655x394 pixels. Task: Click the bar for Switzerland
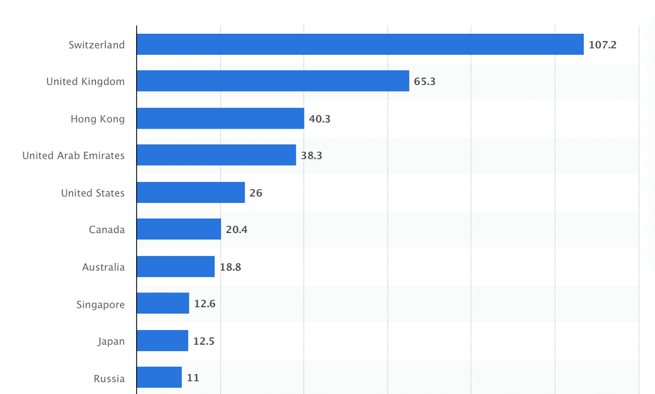pos(360,45)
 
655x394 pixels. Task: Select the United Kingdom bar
pos(273,81)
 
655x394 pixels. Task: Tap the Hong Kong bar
pos(220,118)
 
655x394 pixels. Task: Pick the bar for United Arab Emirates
pos(216,155)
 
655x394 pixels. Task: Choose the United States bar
pos(190,193)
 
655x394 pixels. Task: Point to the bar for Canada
pos(179,229)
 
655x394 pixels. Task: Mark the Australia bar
pos(176,266)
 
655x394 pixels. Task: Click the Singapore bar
pos(163,303)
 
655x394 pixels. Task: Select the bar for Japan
pos(162,341)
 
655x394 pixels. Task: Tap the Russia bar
pos(159,378)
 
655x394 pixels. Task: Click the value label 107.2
pos(602,45)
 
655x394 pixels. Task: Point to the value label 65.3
pos(425,81)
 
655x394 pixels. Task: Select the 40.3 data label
pos(320,119)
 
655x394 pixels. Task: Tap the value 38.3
pos(312,156)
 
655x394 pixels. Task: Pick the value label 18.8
pos(230,267)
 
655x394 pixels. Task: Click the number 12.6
pos(205,304)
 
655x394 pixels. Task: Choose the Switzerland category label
pos(97,45)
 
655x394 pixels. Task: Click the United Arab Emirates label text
pos(73,156)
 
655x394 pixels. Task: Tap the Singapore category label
pos(100,305)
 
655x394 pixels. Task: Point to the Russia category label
pos(109,379)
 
